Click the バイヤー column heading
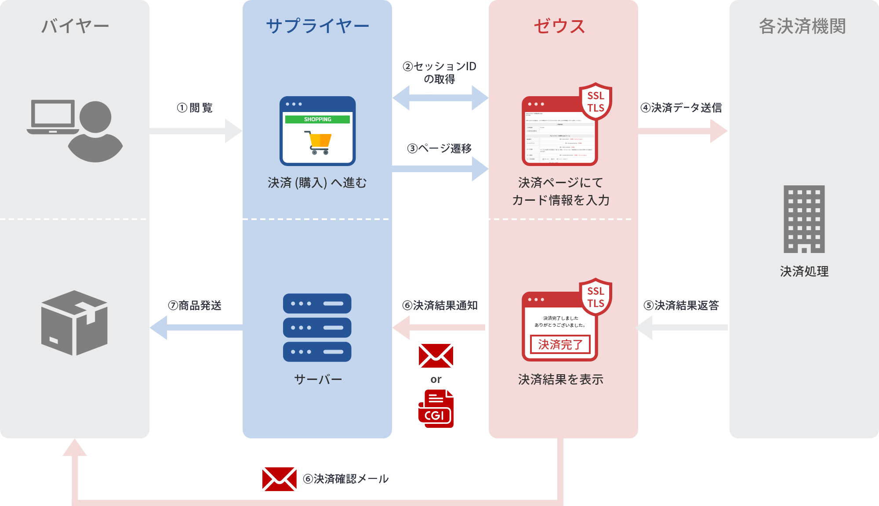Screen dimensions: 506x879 coord(75,26)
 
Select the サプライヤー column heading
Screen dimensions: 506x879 coord(317,26)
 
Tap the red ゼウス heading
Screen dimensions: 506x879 coord(559,26)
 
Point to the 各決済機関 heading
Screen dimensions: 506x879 coord(803,26)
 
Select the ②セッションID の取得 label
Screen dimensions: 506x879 coord(439,73)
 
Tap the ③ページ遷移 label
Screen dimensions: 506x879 coord(439,148)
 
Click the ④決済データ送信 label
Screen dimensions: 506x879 coord(682,108)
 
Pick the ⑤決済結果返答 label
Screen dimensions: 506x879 coord(682,305)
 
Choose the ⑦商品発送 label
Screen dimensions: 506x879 coord(195,305)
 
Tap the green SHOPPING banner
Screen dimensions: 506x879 coord(317,119)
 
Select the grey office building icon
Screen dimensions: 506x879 coord(804,219)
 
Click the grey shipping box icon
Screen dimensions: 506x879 coord(74,323)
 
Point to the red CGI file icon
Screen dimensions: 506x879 coord(436,408)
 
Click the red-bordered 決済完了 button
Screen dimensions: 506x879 coord(560,344)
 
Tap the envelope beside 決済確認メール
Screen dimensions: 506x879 coord(279,479)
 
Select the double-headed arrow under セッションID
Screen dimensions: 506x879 coord(440,98)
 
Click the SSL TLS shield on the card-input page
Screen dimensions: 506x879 coord(596,102)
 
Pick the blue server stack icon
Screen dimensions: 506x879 coord(317,328)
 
